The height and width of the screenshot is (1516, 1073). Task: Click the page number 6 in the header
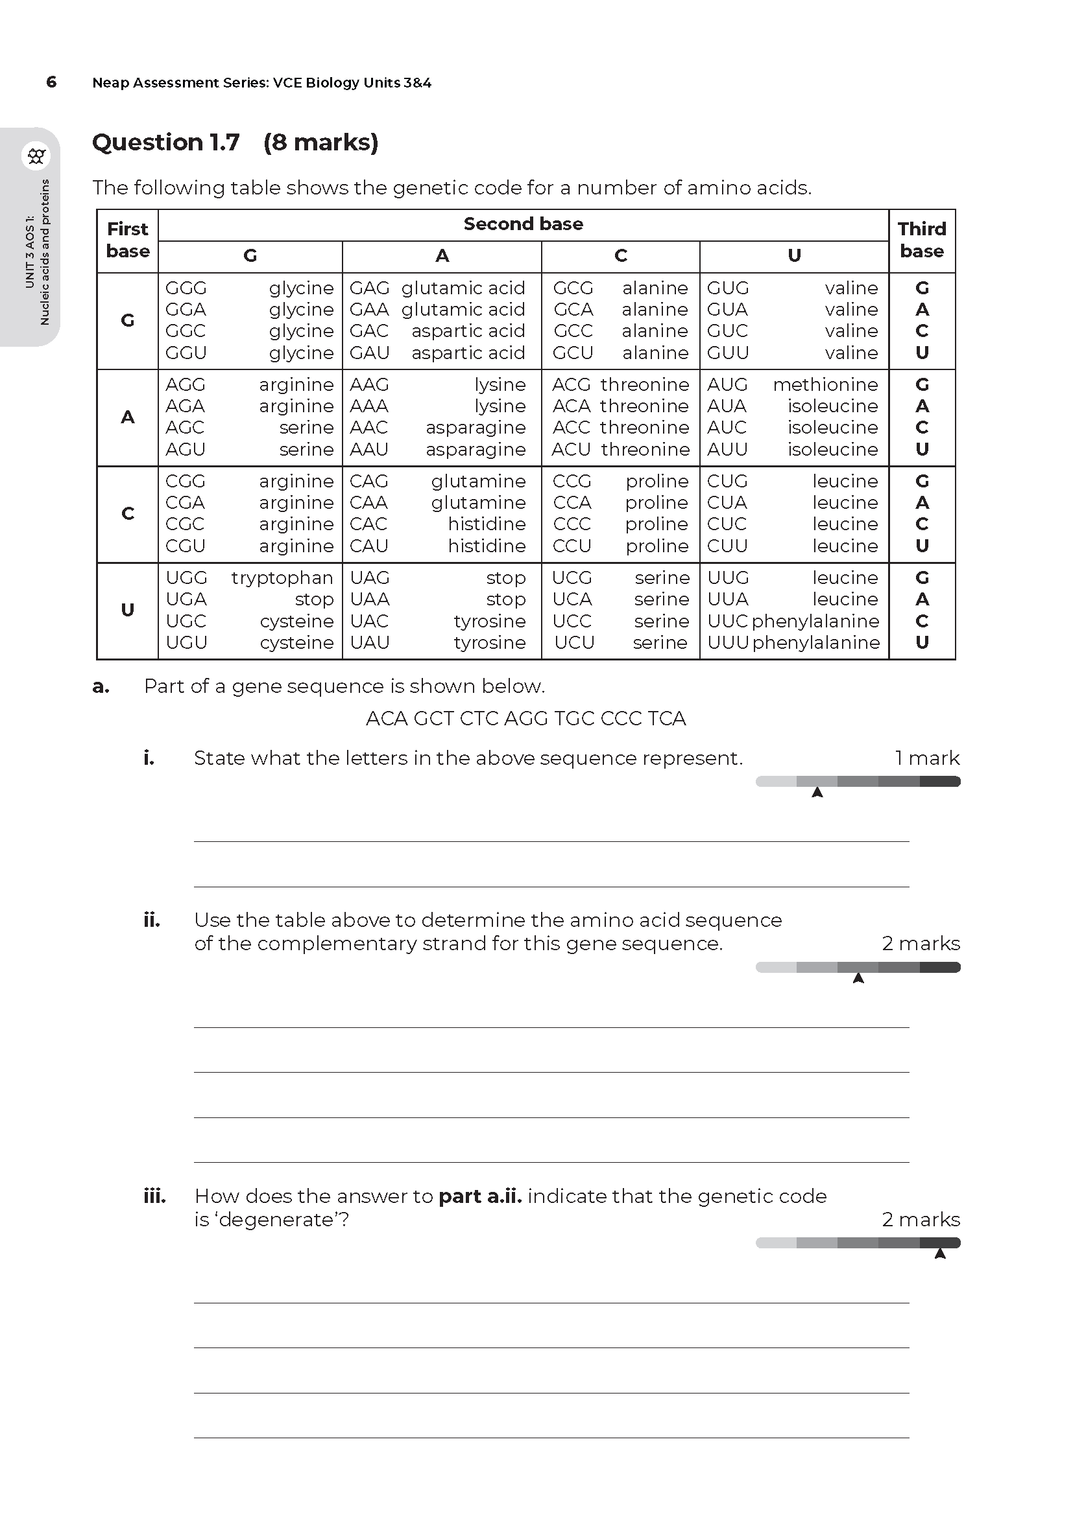[x=51, y=82]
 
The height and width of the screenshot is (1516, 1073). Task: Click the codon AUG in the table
[x=727, y=384]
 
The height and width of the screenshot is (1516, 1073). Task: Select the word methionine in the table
[x=825, y=384]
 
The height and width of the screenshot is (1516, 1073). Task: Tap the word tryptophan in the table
[x=282, y=577]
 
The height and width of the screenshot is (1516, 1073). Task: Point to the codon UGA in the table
[x=186, y=600]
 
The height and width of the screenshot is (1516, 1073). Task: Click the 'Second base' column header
[x=524, y=224]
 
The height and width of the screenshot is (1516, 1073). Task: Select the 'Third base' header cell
[x=922, y=240]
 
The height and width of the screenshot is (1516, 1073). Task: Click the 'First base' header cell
[x=128, y=240]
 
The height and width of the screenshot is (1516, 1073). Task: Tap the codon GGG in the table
[x=186, y=288]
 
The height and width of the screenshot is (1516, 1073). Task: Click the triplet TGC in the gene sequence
[x=575, y=718]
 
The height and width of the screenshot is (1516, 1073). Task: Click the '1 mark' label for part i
[x=927, y=758]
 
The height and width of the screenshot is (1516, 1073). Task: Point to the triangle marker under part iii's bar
[x=940, y=1254]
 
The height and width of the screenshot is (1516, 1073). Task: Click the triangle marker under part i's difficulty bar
[x=817, y=792]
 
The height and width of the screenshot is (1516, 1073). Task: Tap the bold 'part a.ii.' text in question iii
[x=480, y=1196]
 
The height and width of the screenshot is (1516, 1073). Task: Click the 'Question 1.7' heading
[x=166, y=143]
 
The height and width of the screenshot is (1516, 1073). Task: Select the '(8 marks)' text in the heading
[x=320, y=143]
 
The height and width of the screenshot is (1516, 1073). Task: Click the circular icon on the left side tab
[x=36, y=156]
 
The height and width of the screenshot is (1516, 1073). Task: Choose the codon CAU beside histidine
[x=368, y=546]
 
